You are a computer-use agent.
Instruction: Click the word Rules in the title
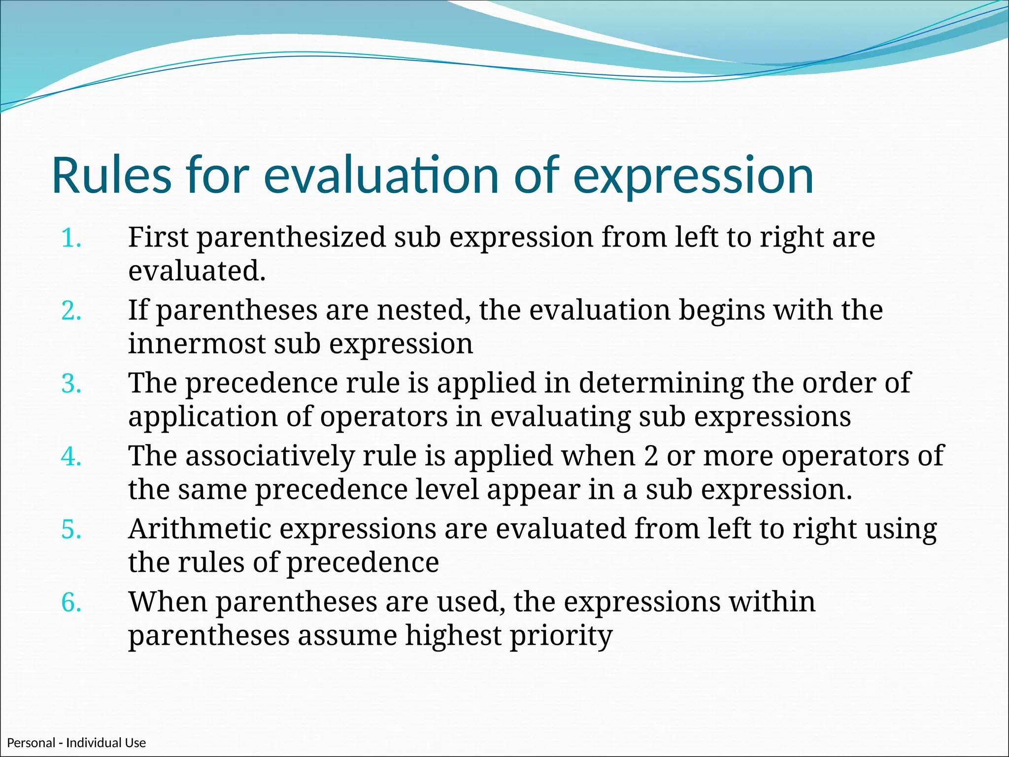coord(111,176)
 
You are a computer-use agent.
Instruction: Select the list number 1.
coord(71,239)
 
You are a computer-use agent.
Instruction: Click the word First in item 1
coord(158,238)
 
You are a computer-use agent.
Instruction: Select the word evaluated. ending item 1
coord(197,272)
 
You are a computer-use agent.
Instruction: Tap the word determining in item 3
coord(661,383)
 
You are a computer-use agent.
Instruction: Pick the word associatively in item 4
coord(269,456)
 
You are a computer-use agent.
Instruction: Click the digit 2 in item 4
coord(651,456)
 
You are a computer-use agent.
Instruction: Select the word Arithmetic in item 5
coord(200,529)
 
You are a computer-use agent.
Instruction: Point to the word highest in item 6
coord(453,636)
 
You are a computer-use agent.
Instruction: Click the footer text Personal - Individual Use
coord(76,743)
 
